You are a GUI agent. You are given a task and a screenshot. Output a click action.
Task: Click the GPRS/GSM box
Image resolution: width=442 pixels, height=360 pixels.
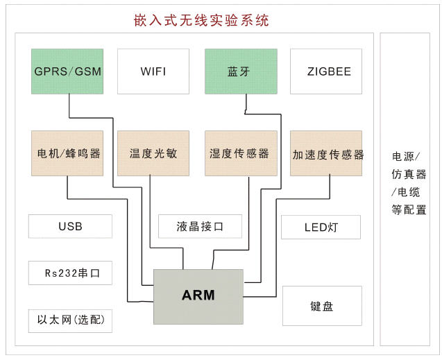point(67,71)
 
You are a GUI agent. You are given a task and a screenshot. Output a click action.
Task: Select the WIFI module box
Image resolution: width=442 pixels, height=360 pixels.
point(153,71)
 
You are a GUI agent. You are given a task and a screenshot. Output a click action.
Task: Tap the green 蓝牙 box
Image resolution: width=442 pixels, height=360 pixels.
point(241,71)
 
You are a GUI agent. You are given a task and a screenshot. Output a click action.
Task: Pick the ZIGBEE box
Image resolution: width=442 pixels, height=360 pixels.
point(326,71)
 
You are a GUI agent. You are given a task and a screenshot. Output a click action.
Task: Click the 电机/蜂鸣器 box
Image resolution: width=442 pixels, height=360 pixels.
point(67,153)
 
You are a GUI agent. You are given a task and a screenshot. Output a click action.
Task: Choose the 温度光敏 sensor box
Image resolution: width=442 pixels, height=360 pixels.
point(153,153)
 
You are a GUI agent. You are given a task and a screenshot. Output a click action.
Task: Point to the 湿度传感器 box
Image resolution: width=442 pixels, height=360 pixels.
point(241,153)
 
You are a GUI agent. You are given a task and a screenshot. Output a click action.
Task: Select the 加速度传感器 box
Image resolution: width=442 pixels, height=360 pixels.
point(327,153)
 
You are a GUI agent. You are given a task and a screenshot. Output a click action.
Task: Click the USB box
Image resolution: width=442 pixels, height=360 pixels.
point(70,226)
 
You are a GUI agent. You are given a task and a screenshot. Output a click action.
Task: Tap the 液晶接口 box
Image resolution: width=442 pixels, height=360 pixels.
point(200,226)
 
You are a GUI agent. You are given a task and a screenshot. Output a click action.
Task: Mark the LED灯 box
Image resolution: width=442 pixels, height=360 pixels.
point(321,227)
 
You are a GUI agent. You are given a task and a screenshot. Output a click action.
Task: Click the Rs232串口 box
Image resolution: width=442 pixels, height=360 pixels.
point(70,273)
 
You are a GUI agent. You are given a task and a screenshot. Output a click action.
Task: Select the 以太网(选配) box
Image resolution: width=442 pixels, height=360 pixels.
point(70,320)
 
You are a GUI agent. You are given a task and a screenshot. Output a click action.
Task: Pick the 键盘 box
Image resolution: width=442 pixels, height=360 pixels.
point(322,306)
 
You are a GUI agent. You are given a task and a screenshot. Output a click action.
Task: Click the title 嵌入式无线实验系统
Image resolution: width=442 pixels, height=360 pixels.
point(201,21)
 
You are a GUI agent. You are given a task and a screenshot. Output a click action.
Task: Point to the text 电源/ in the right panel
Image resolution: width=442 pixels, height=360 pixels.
point(406,156)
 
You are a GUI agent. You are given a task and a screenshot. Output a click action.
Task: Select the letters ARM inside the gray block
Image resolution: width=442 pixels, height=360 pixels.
point(198,295)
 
